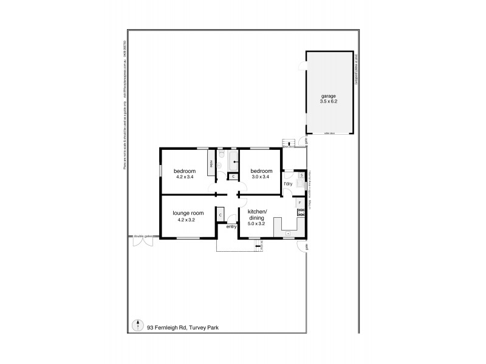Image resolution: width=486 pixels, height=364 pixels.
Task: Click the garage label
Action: [329, 96]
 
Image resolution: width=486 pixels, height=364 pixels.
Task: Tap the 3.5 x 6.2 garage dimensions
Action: [329, 101]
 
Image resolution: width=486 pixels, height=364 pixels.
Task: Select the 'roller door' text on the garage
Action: [330, 132]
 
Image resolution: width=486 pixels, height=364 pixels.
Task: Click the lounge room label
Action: [188, 214]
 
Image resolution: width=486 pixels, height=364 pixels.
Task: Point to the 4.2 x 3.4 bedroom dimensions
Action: [184, 177]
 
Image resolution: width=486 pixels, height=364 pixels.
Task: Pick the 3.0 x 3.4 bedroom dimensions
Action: [260, 177]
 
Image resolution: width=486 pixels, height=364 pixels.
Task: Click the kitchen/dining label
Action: [261, 214]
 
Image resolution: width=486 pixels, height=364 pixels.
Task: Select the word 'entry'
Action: [231, 227]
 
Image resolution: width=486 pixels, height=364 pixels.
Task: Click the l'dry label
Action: [289, 183]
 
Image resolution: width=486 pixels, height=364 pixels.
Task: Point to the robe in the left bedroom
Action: [211, 164]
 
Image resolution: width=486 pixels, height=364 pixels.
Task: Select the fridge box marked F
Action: [299, 203]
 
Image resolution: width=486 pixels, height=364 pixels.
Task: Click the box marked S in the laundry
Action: [301, 176]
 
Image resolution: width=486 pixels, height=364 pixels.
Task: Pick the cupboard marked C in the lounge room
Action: [221, 215]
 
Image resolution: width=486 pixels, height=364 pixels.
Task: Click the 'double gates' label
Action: [144, 237]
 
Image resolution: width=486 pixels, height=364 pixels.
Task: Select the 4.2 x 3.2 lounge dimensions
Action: [188, 220]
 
